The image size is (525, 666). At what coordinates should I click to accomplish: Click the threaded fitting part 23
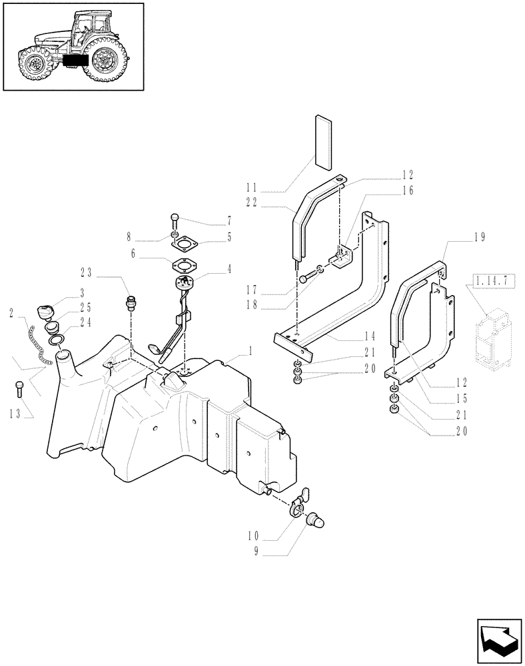(x=131, y=302)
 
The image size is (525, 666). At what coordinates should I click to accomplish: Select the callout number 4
(x=229, y=270)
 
